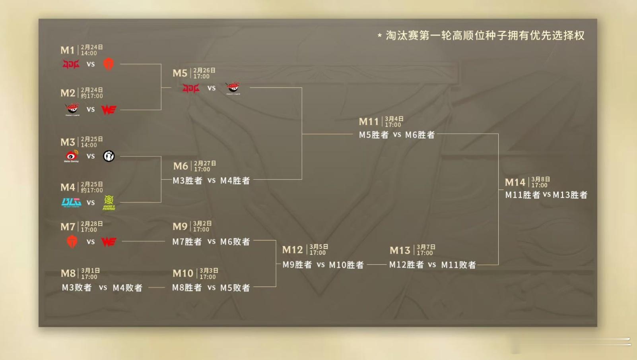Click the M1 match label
click(68, 50)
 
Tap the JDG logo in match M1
click(71, 64)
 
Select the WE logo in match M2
click(109, 109)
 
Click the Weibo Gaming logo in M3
click(72, 156)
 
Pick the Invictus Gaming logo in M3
click(109, 156)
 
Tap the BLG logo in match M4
click(72, 202)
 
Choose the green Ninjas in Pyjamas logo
click(109, 202)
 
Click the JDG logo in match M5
click(191, 88)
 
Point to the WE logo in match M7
click(109, 242)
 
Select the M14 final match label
click(515, 182)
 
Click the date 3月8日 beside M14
click(540, 179)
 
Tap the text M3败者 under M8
click(77, 288)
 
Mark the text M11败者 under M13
click(458, 265)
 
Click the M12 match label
click(292, 250)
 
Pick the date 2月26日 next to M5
click(204, 70)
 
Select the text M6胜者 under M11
click(420, 135)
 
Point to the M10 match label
click(183, 273)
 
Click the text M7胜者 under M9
click(187, 242)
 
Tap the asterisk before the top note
click(380, 36)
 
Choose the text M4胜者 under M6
click(235, 180)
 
